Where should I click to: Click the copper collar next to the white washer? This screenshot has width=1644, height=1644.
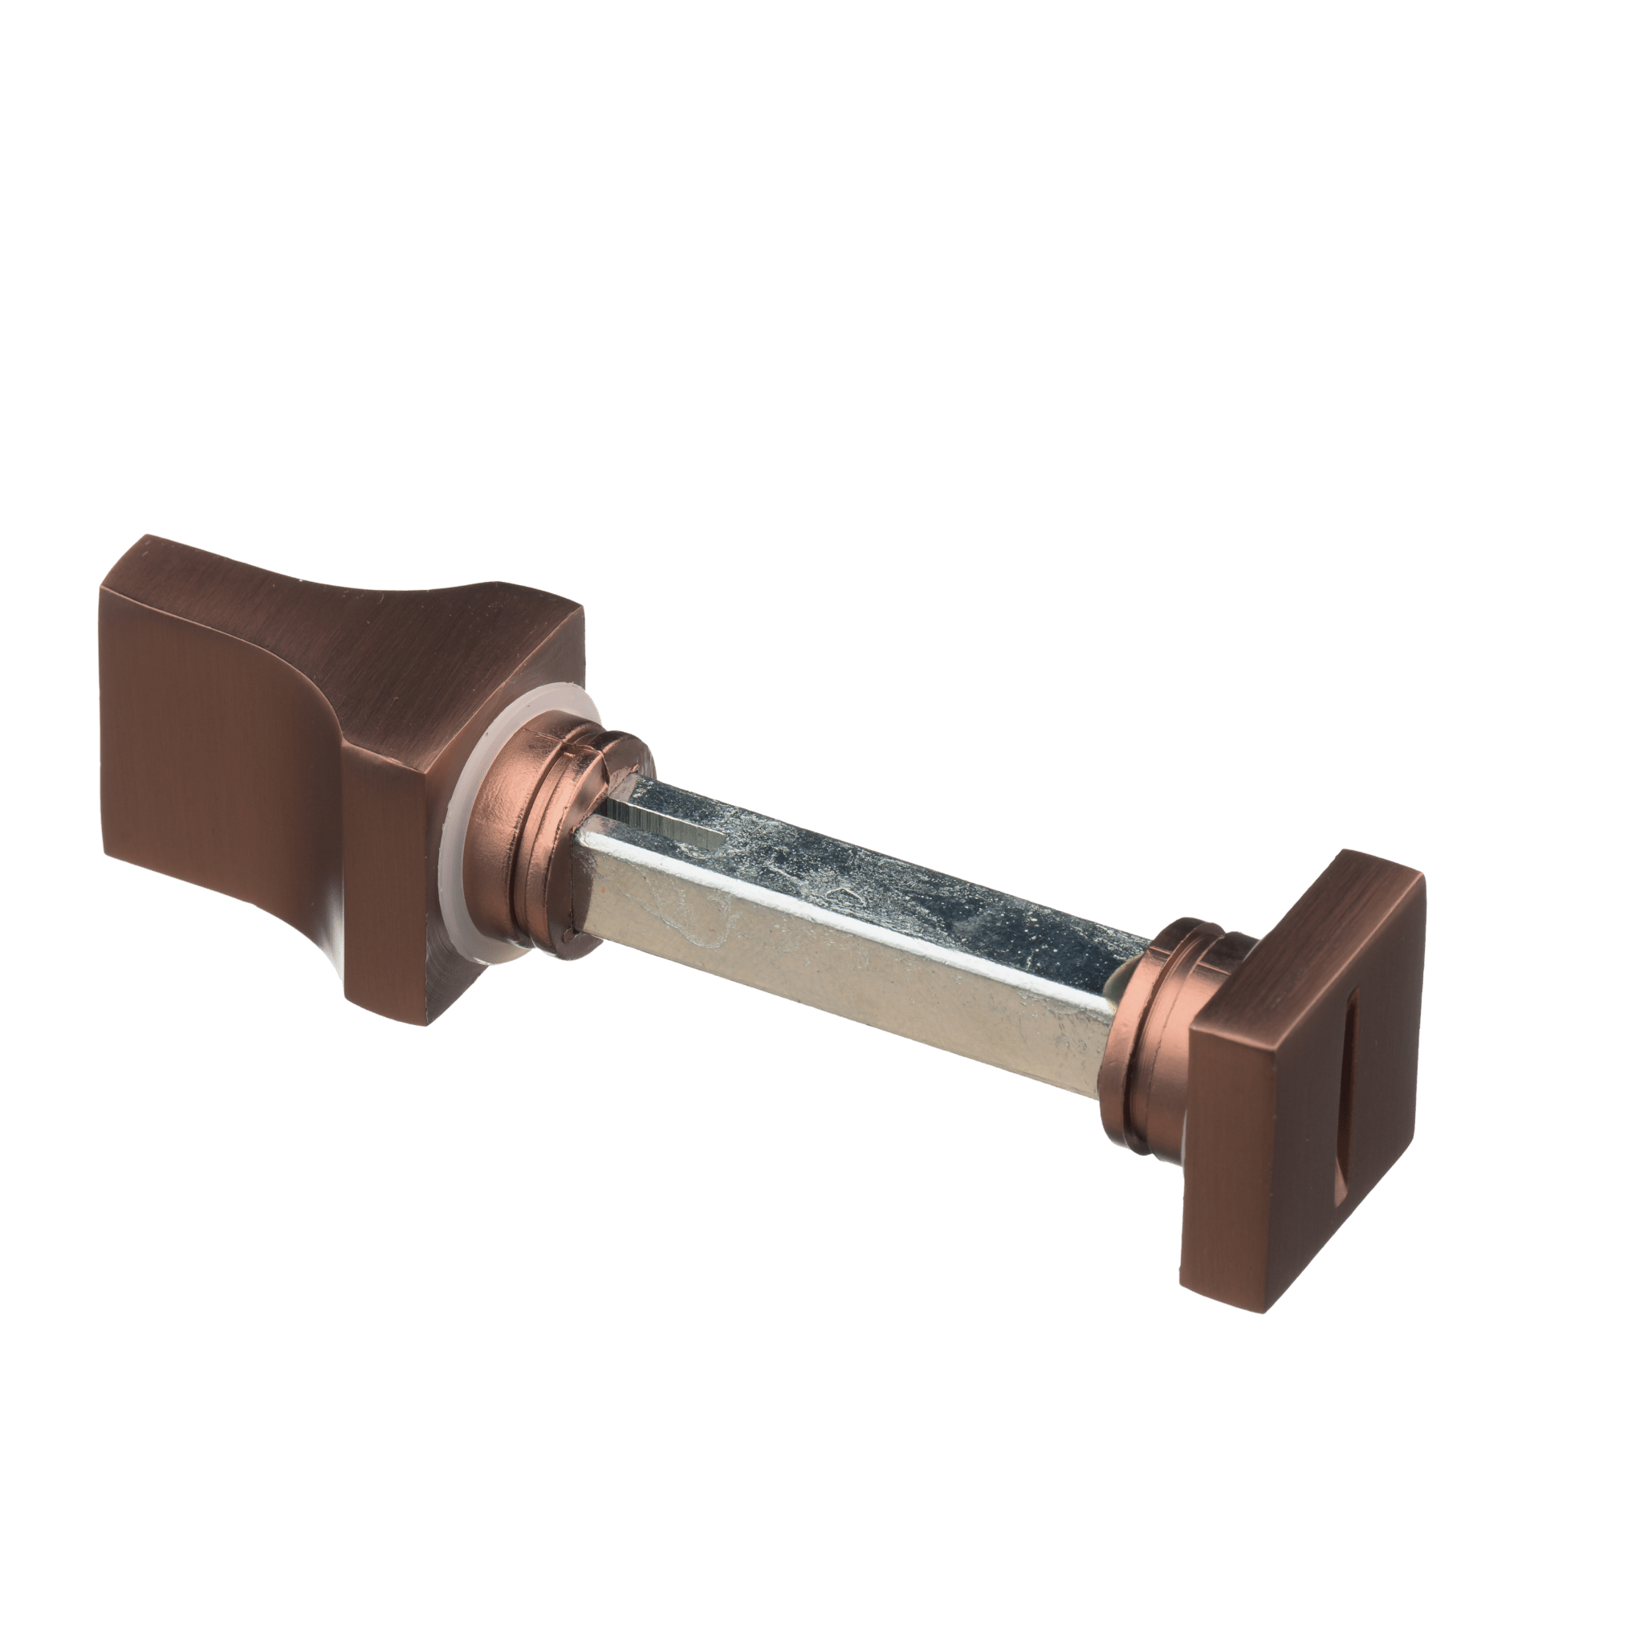point(544,830)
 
